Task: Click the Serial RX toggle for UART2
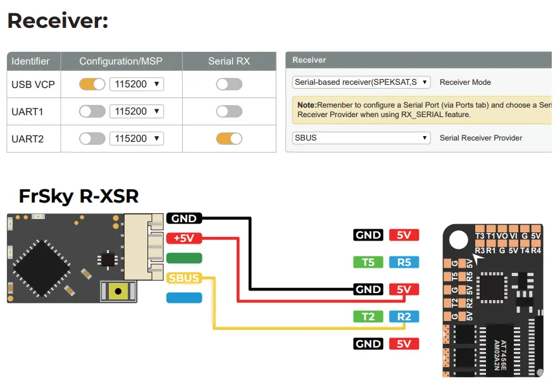click(229, 139)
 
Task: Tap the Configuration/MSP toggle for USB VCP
click(92, 84)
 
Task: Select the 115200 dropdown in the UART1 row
click(136, 111)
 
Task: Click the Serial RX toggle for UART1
click(229, 111)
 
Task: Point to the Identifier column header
click(30, 61)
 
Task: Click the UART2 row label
click(27, 139)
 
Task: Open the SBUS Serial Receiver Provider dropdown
click(361, 137)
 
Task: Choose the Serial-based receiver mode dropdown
click(361, 82)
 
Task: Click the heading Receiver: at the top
click(58, 21)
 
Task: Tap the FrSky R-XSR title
click(78, 196)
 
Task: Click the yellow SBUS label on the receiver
click(184, 279)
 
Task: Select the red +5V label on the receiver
click(184, 239)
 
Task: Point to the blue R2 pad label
click(404, 317)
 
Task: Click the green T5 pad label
click(368, 262)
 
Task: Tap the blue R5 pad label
click(404, 262)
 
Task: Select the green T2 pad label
click(368, 317)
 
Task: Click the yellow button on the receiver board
click(116, 291)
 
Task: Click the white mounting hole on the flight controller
click(457, 239)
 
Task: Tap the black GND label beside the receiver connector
click(184, 219)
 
